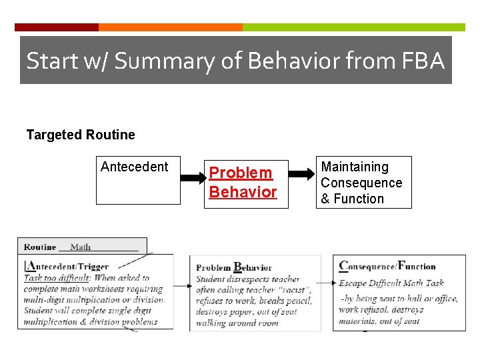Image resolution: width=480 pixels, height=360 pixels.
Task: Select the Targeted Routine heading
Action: click(81, 135)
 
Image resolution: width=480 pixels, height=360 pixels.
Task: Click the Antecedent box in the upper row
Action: click(138, 181)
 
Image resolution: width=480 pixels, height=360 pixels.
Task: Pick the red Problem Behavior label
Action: click(243, 183)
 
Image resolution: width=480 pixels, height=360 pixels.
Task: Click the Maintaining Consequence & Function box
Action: click(363, 183)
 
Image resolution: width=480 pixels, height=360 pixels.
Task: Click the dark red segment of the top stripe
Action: click(57, 27)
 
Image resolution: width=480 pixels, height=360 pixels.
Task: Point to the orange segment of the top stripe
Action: click(170, 27)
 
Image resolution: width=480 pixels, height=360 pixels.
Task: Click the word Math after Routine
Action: click(81, 247)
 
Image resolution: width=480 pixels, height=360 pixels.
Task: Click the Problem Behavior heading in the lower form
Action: click(234, 268)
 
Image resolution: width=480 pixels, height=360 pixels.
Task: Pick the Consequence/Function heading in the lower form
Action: click(387, 266)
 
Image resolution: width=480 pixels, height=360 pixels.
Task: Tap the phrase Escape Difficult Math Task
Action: click(391, 283)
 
